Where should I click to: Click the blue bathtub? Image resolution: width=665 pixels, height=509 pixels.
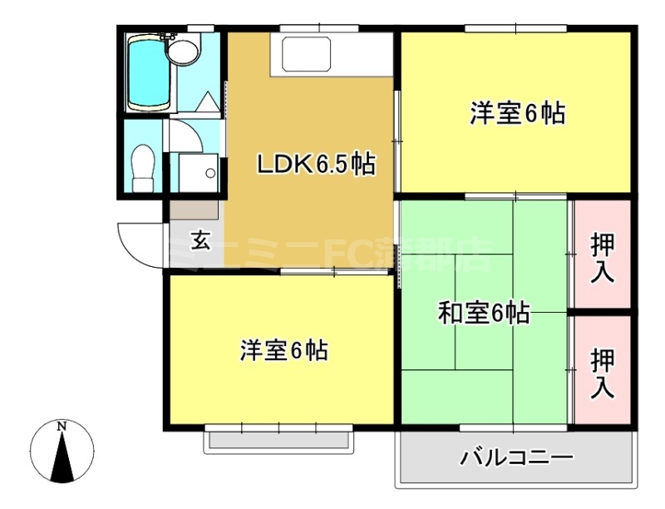pos(147,73)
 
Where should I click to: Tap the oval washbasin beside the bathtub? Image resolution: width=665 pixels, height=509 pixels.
pos(184,52)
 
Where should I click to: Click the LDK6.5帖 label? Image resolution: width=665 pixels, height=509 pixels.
pos(315,165)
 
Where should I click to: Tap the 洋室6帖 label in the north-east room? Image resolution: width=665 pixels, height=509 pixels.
pos(518,113)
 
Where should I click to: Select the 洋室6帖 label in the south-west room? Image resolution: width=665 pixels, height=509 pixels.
pos(283,350)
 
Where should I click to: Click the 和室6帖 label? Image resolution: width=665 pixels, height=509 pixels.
pos(485,314)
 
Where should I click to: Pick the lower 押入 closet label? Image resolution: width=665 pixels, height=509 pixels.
pos(603,373)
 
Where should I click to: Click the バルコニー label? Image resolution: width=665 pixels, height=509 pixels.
pos(516,457)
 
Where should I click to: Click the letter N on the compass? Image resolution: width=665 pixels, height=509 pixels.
pos(62,427)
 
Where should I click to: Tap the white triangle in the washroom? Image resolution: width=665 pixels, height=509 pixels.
pos(208,101)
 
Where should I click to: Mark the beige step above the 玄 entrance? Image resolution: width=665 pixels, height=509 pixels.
pos(195,209)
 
